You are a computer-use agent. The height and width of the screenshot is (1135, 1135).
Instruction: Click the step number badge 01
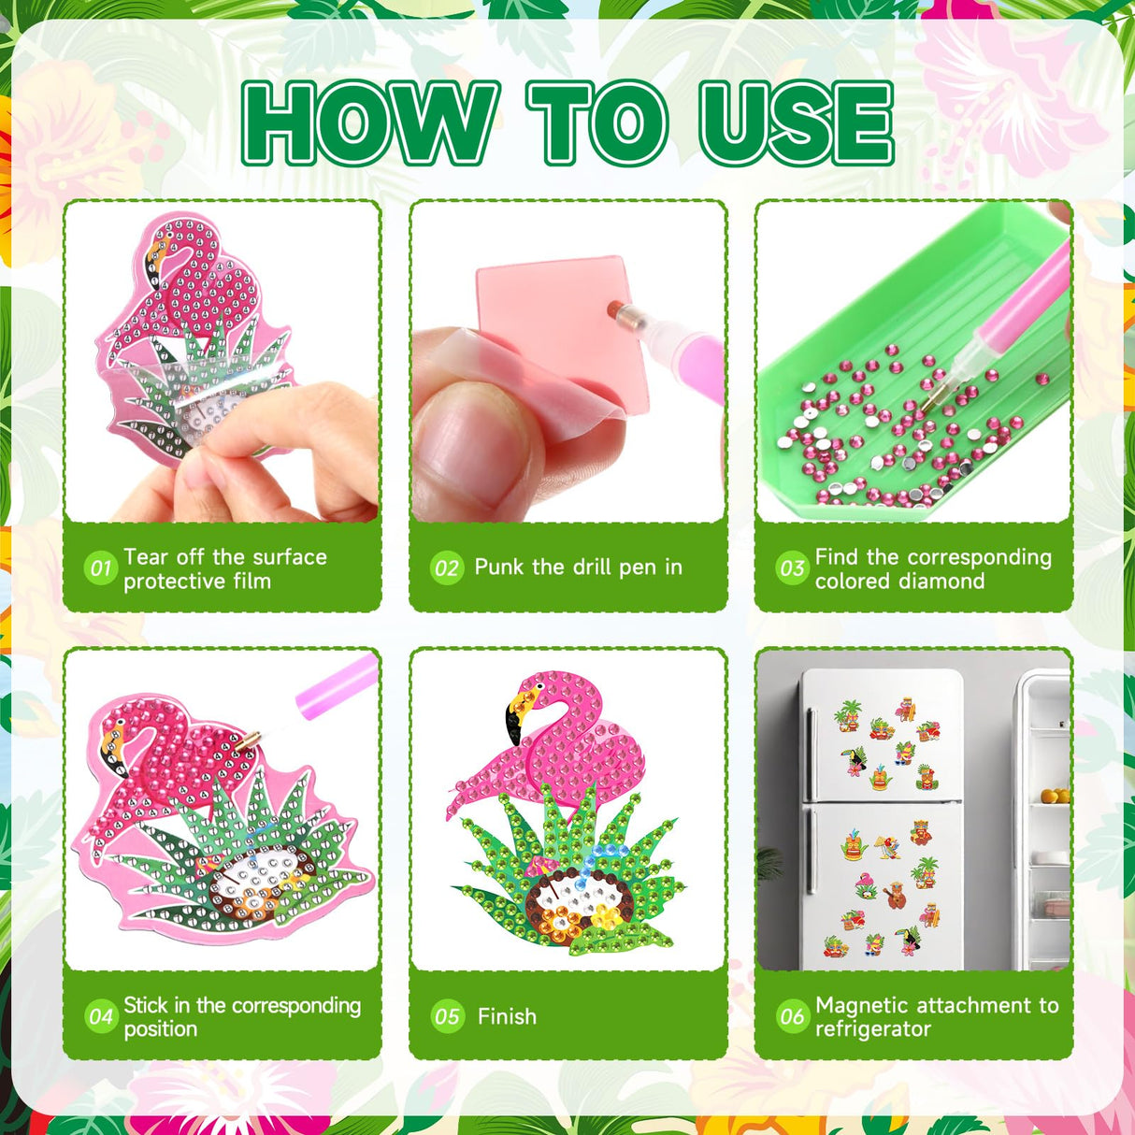point(101,567)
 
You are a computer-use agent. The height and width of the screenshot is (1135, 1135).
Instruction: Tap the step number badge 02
point(447,567)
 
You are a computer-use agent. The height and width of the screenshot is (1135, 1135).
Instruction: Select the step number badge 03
point(792,567)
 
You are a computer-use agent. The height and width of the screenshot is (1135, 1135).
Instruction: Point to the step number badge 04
point(101,1016)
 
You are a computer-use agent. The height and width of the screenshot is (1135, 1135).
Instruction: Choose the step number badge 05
point(447,1016)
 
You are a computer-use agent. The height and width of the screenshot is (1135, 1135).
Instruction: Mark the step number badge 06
point(792,1016)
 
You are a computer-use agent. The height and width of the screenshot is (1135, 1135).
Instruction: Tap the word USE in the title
point(797,122)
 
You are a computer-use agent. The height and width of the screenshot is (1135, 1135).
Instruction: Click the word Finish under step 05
point(507,1016)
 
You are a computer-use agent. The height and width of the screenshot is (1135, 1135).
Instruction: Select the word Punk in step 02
point(500,567)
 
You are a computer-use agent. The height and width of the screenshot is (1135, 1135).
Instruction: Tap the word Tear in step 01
point(146,556)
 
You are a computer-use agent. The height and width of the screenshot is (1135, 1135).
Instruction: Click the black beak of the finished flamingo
point(513,724)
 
